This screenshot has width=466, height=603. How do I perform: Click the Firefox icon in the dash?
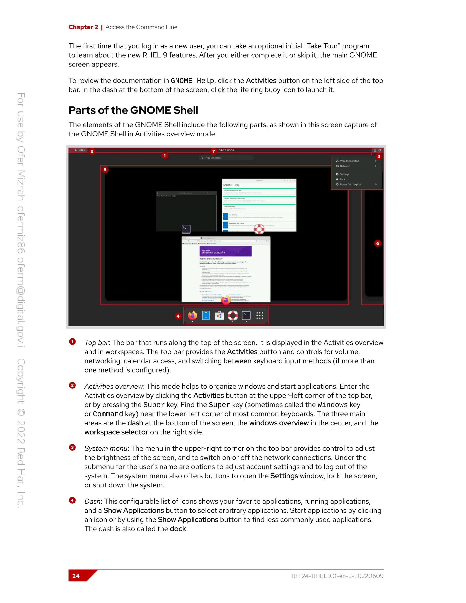(192, 315)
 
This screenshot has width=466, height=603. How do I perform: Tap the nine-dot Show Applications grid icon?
(259, 316)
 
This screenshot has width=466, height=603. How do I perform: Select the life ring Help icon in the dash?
(233, 315)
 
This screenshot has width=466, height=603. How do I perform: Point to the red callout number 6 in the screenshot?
(377, 243)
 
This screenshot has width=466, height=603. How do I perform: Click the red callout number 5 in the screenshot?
(105, 170)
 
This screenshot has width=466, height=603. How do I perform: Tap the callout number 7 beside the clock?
(213, 151)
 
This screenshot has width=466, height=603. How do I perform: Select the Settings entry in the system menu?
(344, 174)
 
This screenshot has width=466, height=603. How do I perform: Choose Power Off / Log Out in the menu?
(350, 185)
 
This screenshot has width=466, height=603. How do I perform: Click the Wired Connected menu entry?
(349, 161)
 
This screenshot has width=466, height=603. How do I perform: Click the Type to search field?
(226, 158)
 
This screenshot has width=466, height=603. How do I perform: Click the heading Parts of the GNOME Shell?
(133, 110)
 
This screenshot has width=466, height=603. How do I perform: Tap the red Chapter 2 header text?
(83, 27)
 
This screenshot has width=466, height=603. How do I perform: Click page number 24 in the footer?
(76, 576)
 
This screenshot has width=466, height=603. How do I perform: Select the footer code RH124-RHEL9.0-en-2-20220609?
(337, 576)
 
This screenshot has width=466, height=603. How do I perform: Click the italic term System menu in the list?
(106, 448)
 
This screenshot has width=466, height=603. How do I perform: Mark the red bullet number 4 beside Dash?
(72, 500)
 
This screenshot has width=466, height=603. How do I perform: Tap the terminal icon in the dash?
(246, 315)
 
